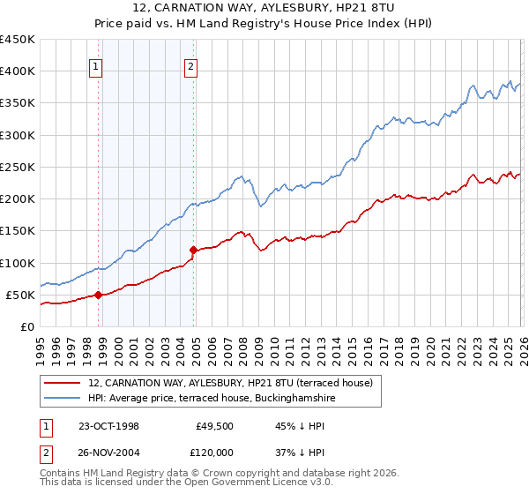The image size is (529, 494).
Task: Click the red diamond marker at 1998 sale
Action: tap(99, 296)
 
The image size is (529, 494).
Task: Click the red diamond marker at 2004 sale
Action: tap(193, 251)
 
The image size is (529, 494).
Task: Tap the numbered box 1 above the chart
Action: tap(94, 64)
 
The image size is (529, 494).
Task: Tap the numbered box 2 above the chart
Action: tap(190, 64)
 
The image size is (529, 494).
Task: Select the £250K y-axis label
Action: tap(17, 167)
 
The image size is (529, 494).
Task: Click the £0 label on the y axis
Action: tap(26, 326)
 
